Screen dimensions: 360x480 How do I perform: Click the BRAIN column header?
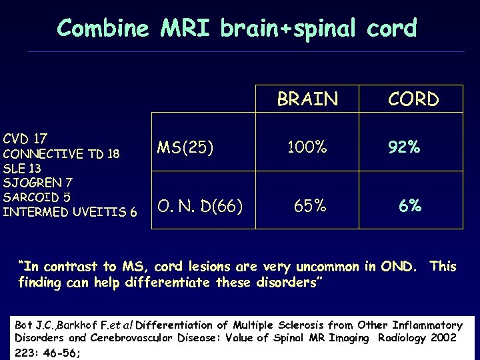307,99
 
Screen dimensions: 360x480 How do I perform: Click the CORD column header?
413,99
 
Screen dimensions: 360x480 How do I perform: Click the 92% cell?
405,147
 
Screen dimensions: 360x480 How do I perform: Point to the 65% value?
310,206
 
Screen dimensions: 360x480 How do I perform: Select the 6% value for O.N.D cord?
410,206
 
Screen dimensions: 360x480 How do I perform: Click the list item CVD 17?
25,139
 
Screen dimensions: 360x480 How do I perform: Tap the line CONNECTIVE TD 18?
61,154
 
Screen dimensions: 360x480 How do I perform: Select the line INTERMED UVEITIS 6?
70,212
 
